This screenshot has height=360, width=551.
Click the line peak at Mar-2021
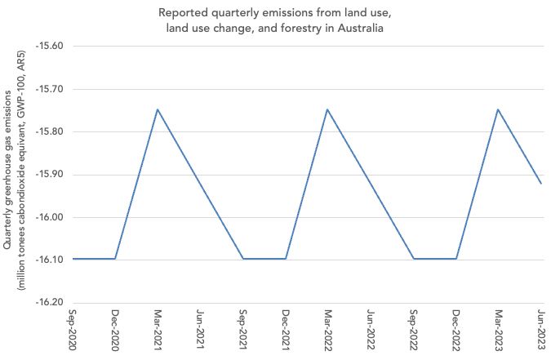158,109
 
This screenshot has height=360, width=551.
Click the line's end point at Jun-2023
541,184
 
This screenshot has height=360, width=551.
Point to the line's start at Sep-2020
73,259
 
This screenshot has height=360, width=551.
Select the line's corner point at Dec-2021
286,259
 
